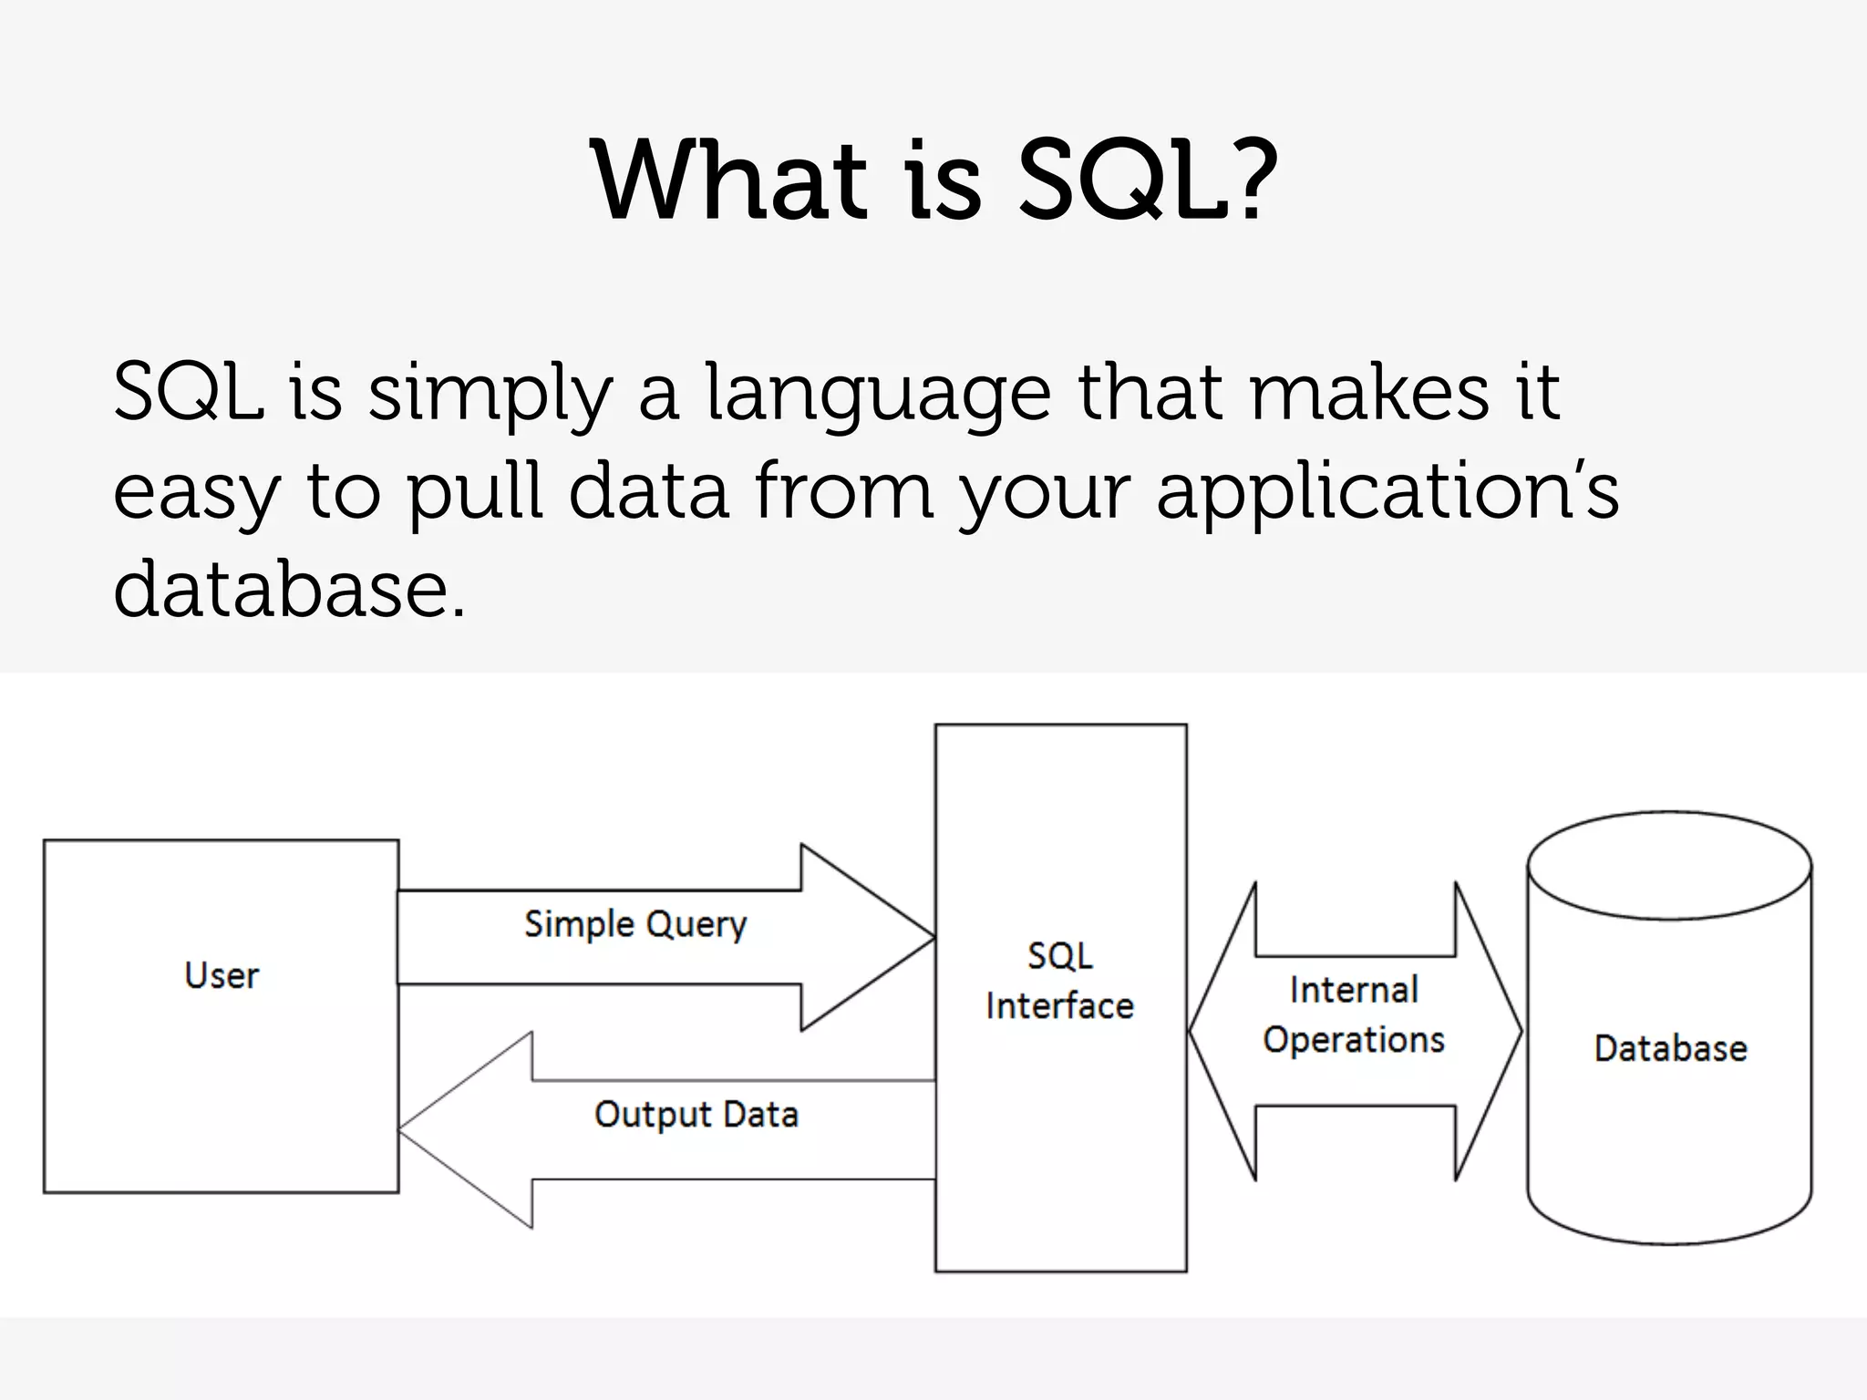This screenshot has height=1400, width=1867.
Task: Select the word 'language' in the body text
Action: click(878, 394)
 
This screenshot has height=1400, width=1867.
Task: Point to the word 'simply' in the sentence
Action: click(489, 394)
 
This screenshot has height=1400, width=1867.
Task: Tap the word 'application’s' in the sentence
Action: click(1387, 492)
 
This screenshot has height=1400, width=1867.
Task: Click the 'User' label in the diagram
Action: click(222, 976)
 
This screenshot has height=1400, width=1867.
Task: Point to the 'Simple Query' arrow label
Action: click(635, 924)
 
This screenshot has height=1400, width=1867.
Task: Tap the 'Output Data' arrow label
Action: click(696, 1115)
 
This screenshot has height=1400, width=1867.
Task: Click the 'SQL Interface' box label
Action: click(1060, 981)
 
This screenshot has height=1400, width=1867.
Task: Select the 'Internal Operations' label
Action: click(1354, 1014)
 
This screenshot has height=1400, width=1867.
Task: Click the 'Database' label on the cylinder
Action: click(1670, 1048)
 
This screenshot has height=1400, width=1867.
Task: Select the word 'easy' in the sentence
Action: click(194, 492)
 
